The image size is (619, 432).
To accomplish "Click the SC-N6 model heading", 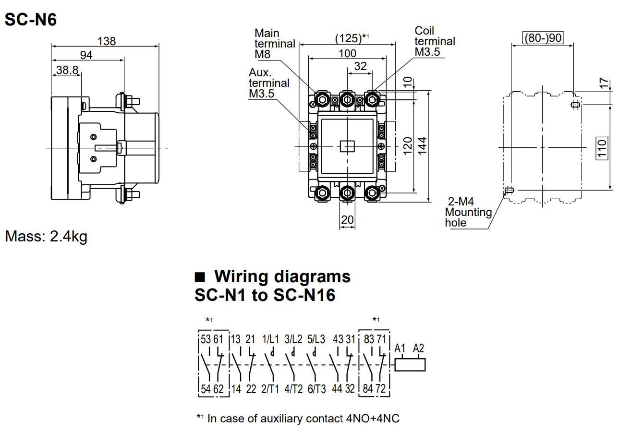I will click(x=30, y=19).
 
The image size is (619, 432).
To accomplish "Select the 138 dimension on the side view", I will click(x=106, y=41).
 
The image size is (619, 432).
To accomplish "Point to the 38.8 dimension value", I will click(x=67, y=70).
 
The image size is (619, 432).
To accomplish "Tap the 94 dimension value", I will click(x=86, y=55).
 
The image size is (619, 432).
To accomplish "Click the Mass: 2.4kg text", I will click(x=46, y=236).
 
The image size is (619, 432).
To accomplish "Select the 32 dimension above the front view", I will click(x=360, y=66).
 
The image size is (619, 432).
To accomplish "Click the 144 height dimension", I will click(x=422, y=146).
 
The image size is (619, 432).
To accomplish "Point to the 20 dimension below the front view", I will click(x=347, y=220).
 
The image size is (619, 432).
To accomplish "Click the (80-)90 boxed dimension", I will click(x=542, y=38).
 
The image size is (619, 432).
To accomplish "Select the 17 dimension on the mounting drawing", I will click(x=604, y=84).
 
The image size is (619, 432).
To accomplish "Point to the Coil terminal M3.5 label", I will click(x=434, y=41).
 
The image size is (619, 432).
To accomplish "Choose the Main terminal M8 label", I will click(x=274, y=44).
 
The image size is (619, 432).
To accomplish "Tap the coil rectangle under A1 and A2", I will click(x=410, y=365).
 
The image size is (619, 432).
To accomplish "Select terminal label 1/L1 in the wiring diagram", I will click(x=270, y=339).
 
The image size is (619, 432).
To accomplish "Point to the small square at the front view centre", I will click(x=347, y=146).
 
